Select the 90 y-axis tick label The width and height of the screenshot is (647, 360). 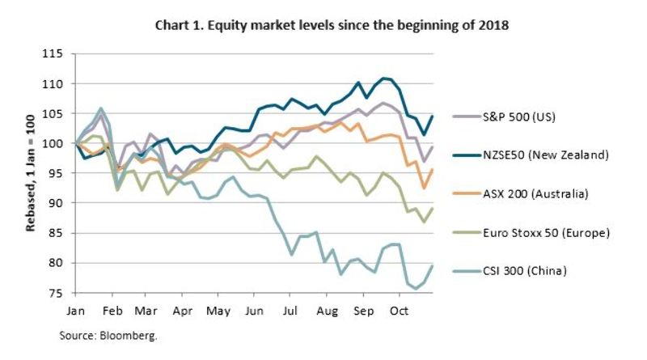point(55,203)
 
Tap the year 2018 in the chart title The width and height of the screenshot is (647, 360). point(493,25)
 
